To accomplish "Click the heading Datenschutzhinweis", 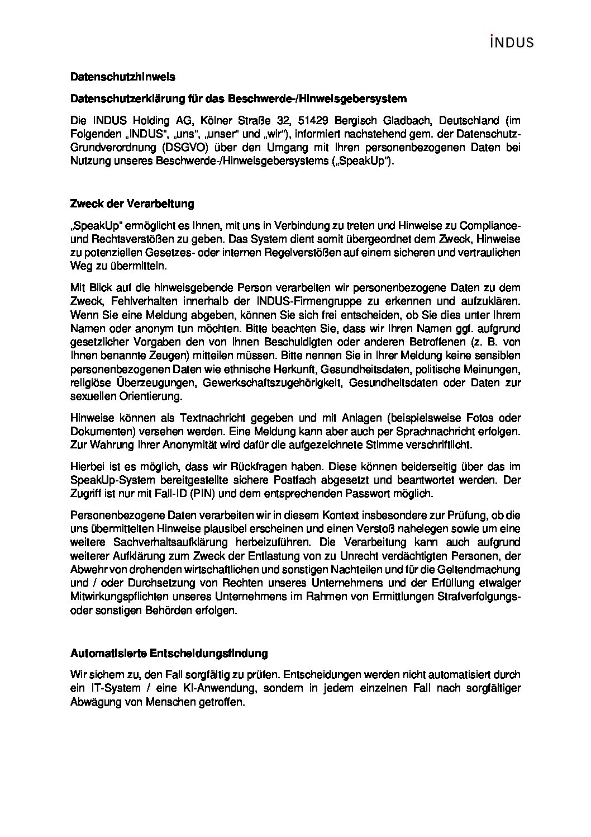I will click(x=115, y=77).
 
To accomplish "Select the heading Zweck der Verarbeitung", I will click(x=132, y=204).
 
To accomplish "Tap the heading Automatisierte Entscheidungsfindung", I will click(x=169, y=652).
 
